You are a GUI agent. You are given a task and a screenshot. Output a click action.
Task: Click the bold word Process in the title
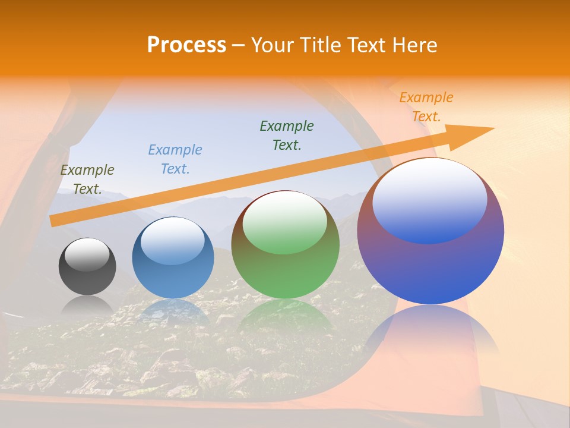(186, 45)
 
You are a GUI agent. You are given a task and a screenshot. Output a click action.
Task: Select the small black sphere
(87, 273)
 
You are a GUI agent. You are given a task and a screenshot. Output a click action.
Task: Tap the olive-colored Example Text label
(87, 180)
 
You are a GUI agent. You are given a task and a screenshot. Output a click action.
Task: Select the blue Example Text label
(175, 159)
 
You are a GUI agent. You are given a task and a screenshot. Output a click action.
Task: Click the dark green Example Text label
(287, 136)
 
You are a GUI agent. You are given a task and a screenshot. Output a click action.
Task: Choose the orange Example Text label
(426, 107)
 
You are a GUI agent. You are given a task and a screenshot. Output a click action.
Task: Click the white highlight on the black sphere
(87, 254)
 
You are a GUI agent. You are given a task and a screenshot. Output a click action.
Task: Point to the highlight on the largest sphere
(429, 199)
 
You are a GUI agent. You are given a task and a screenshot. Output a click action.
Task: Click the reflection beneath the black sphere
(87, 306)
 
